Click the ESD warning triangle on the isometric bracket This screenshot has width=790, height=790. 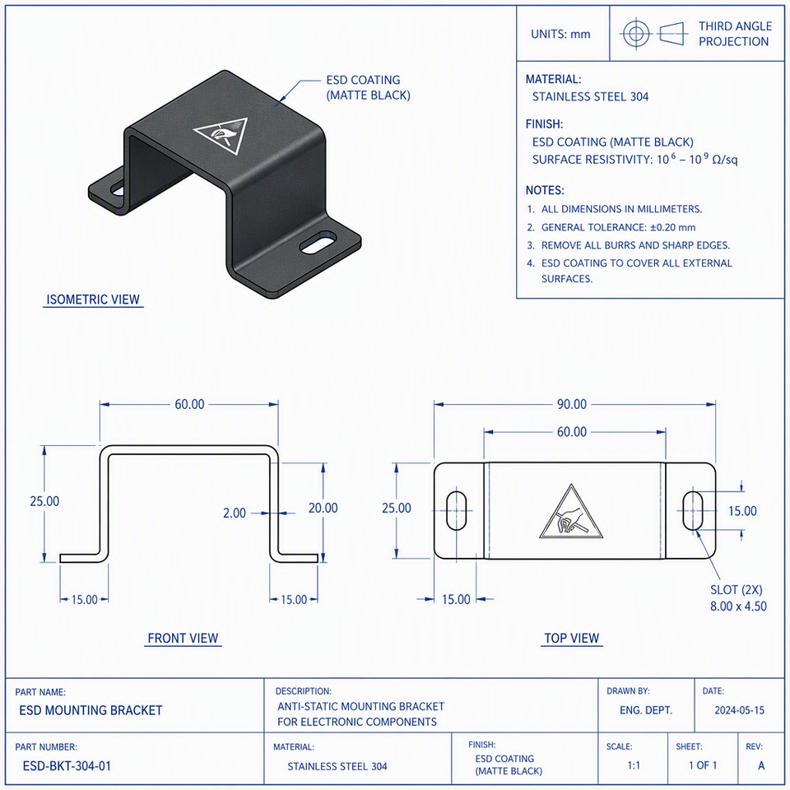point(221,135)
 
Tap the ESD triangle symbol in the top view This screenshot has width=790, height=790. point(571,513)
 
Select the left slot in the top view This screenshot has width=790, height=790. point(457,510)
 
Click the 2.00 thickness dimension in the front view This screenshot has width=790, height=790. point(235,513)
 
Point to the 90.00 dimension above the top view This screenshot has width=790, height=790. point(572,404)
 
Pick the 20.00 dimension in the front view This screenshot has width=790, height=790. point(323,508)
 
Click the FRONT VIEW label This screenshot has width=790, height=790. point(183,638)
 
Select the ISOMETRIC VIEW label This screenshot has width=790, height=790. point(93,300)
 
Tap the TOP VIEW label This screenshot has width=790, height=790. point(572,638)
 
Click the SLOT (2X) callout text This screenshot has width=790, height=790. point(736,589)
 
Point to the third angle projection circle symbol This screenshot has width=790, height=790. point(636,34)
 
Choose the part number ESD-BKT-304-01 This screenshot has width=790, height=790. point(67,766)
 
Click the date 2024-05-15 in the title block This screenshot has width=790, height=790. point(739,710)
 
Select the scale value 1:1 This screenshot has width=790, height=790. point(634,765)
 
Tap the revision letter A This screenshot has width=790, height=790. point(761,765)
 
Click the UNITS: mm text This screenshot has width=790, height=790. point(560,35)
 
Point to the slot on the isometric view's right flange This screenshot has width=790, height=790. point(318,242)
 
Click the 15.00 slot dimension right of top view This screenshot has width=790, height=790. point(742,511)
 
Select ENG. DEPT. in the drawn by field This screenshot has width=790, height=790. point(646,710)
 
